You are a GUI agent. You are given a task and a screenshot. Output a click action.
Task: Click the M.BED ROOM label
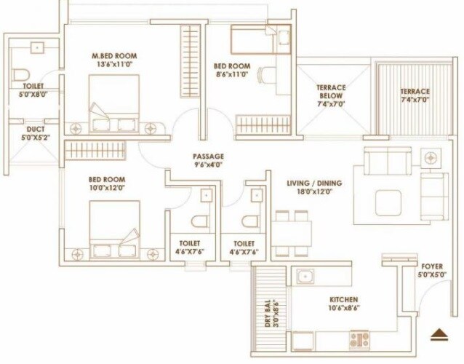point(114,55)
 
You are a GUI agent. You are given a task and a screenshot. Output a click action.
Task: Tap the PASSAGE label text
point(208,157)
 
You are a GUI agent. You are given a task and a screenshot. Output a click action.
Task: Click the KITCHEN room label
point(343,299)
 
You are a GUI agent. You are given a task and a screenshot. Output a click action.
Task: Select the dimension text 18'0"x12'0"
point(314,193)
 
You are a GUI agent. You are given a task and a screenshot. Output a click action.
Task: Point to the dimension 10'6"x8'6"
point(343,308)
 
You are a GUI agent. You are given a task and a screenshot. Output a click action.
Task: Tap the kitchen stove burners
point(359,339)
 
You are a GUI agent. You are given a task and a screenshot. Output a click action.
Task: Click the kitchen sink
point(303,277)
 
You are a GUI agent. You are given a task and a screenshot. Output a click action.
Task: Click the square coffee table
point(388,201)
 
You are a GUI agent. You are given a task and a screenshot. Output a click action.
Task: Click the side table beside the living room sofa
point(431,157)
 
